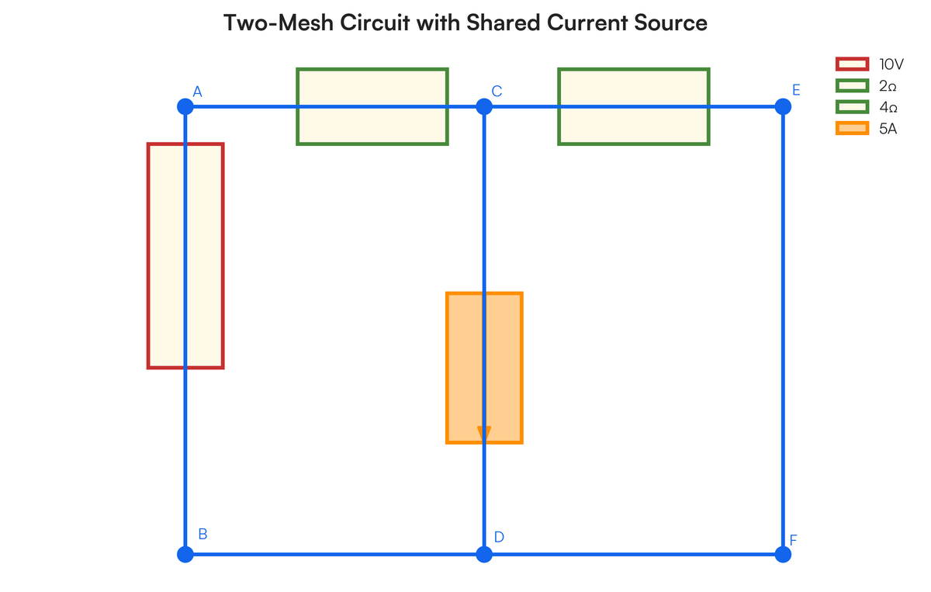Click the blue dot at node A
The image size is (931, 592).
pos(185,106)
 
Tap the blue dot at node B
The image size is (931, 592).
pos(185,554)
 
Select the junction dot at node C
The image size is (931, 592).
pos(484,106)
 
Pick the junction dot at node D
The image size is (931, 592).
pos(484,554)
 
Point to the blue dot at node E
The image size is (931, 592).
pos(783,106)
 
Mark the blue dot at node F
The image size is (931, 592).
pos(783,554)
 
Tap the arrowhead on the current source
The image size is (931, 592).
pos(484,434)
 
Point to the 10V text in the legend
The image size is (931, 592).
pos(891,64)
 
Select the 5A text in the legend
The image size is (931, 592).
pos(888,129)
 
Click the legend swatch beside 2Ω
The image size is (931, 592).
pos(852,85)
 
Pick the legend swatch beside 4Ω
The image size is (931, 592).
pos(852,107)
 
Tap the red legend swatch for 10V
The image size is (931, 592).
pos(852,64)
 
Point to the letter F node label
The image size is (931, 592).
pos(793,539)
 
